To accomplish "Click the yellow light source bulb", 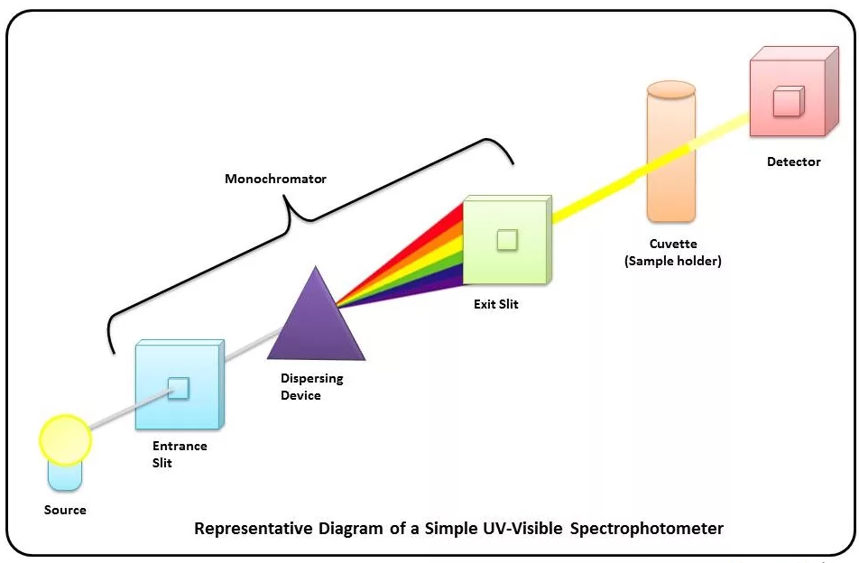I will [65, 439].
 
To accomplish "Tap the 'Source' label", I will [65, 510].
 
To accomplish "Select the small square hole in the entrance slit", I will [180, 388].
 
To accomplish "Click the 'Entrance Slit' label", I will [180, 454].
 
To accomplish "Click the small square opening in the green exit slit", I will [507, 239].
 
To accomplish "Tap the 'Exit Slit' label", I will [496, 304].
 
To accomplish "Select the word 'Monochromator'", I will [275, 179].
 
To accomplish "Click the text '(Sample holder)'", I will [673, 261].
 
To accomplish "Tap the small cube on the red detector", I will [788, 100].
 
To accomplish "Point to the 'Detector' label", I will [794, 162].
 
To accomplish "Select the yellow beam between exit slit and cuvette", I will [596, 195].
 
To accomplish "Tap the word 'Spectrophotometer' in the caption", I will [647, 528].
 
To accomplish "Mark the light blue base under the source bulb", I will [65, 475].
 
